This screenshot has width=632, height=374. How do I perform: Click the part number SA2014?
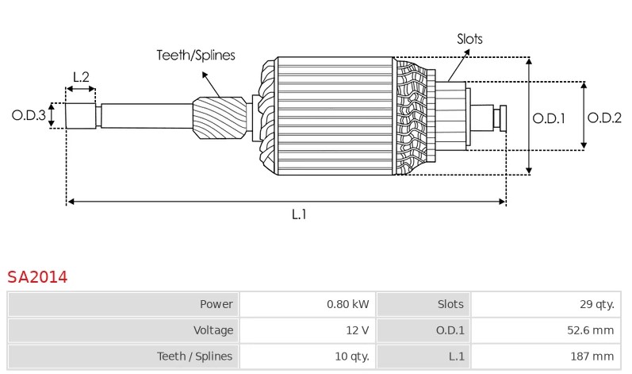pyautogui.click(x=37, y=277)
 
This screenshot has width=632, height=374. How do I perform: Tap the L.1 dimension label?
pyautogui.click(x=299, y=214)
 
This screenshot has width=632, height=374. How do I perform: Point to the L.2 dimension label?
pyautogui.click(x=81, y=77)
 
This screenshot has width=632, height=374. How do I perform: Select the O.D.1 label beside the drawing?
pyautogui.click(x=548, y=118)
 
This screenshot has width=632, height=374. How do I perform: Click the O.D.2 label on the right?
pyautogui.click(x=604, y=118)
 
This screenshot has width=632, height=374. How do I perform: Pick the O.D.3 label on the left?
pyautogui.click(x=28, y=115)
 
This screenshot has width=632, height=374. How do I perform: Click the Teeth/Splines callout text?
pyautogui.click(x=195, y=55)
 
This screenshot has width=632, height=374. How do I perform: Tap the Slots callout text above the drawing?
pyautogui.click(x=469, y=38)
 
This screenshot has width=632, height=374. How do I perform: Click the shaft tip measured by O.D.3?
pyautogui.click(x=79, y=117)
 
